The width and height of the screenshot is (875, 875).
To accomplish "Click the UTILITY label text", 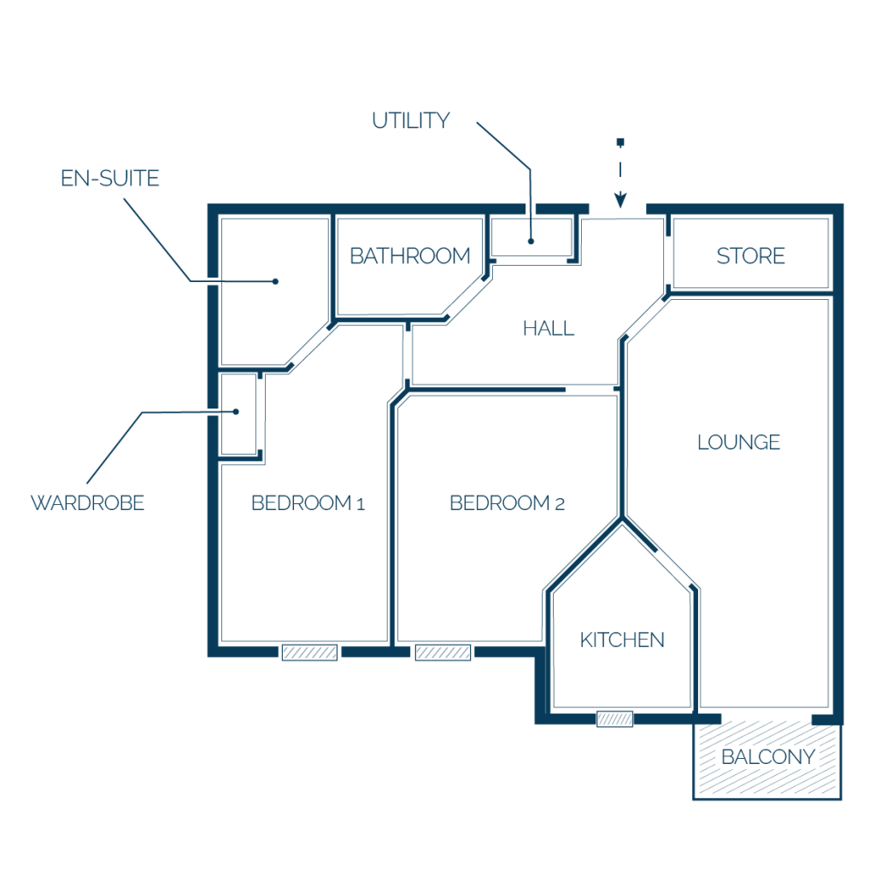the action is [x=411, y=120].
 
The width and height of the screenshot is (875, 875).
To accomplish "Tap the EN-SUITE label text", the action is [x=110, y=179].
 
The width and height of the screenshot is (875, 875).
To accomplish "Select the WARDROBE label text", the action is [x=88, y=502].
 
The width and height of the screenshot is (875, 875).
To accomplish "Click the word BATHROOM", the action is [x=410, y=256].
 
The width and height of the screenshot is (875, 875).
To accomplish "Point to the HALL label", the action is [x=549, y=328].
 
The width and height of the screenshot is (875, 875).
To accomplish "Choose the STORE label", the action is [x=750, y=255].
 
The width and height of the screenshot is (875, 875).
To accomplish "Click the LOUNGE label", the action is [x=739, y=442].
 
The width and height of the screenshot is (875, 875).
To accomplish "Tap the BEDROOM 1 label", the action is [x=308, y=502].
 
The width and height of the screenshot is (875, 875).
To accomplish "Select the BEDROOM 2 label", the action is [x=508, y=502].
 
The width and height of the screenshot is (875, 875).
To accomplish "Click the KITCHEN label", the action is [x=622, y=640].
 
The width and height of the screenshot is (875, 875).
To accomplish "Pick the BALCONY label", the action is [x=768, y=757].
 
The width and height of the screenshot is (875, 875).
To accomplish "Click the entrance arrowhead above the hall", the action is [x=620, y=200].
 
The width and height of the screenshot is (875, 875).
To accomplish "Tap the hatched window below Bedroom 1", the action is [x=309, y=652].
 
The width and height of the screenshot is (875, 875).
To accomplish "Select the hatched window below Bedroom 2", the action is [x=443, y=652].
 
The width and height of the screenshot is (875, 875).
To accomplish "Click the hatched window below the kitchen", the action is [x=615, y=719].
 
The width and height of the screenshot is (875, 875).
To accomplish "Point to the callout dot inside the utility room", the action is [x=531, y=241].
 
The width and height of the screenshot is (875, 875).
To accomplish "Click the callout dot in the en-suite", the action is [x=275, y=281].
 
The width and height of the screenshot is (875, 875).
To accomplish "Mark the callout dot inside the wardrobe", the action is [x=236, y=412].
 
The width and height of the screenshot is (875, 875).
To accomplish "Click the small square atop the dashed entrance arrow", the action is [x=620, y=143].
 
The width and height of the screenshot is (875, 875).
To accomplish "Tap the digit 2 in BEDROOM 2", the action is [x=560, y=504].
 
